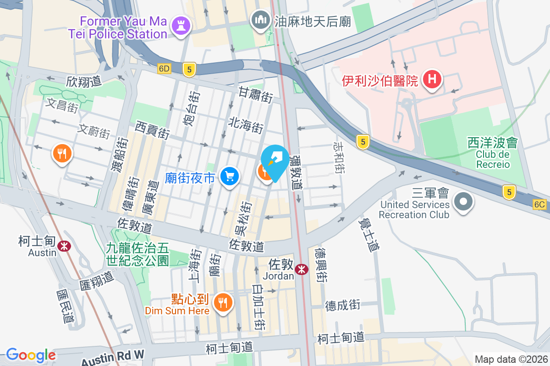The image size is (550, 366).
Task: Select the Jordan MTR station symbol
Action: point(302,269)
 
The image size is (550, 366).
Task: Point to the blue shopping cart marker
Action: point(229,176)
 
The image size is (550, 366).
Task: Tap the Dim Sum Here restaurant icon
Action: point(222,302)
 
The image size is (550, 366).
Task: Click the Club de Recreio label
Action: point(493,159)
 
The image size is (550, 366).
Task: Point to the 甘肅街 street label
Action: point(255,95)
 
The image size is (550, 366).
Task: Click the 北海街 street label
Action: point(246,125)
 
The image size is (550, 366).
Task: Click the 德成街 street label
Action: point(342,305)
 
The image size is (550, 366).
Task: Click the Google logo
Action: point(31,355)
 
